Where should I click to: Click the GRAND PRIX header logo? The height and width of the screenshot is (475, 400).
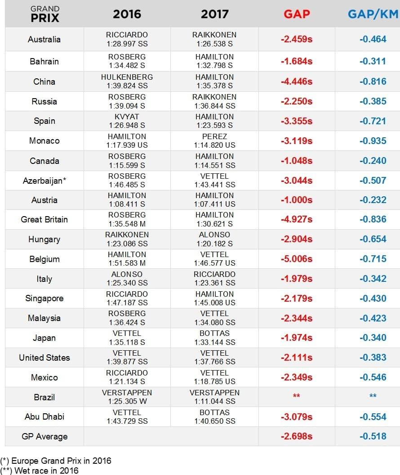coord(44,14)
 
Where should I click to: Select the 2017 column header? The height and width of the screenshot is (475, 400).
coord(215,14)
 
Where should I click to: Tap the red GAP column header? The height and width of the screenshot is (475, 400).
coord(297,14)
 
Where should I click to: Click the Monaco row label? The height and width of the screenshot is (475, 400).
coord(44,141)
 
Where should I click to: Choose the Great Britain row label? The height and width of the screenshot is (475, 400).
coord(44,220)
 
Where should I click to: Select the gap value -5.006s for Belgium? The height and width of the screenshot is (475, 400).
coord(297,259)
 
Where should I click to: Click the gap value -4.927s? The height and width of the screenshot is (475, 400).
coord(297,219)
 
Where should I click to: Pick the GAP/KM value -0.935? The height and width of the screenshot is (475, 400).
coord(373,141)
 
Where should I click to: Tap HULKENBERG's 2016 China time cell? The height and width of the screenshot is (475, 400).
coord(127,81)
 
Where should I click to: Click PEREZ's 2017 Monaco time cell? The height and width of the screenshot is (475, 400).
coord(215,140)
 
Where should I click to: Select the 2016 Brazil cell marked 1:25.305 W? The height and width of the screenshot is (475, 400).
coord(127,397)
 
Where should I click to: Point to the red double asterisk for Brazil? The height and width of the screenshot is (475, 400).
coord(297,396)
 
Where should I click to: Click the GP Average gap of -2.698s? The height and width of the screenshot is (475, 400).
coord(297,436)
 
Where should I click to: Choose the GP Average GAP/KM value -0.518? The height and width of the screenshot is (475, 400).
coord(373,436)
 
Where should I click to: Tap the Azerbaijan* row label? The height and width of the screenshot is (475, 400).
coord(44,181)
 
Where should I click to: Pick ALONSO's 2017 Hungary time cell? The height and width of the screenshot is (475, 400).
coord(215,239)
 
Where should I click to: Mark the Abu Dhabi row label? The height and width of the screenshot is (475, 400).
coord(44,417)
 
